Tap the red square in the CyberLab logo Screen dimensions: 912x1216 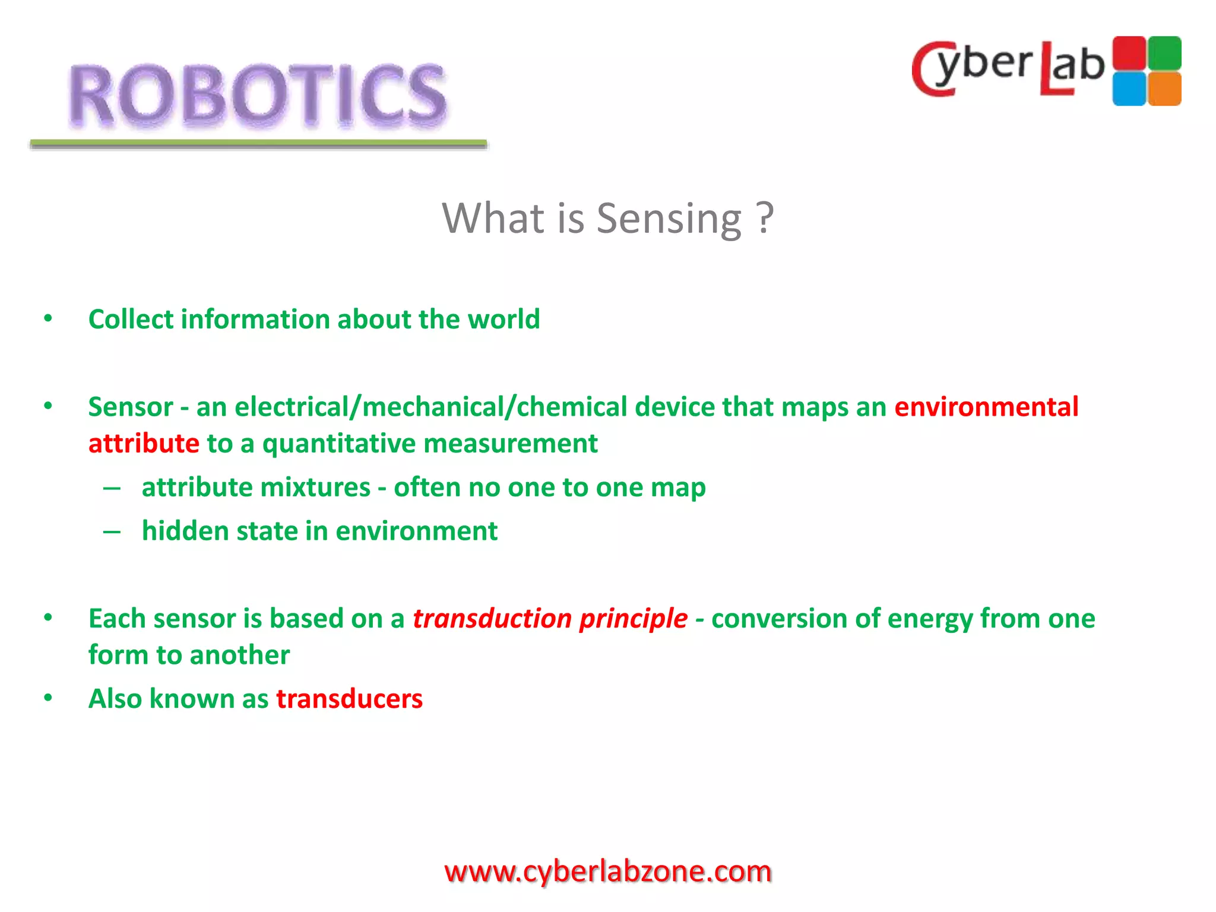click(1129, 53)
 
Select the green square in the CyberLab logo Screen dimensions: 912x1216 click(1164, 53)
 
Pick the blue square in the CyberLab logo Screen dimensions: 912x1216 click(1129, 89)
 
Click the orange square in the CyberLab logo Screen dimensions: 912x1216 click(1164, 89)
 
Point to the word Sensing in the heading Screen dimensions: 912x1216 click(669, 218)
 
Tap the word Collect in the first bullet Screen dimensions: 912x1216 click(131, 319)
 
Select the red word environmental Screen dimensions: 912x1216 click(986, 407)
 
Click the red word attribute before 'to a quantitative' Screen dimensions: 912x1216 click(144, 444)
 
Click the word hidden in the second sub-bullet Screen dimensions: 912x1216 click(185, 531)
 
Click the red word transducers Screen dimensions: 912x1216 click(349, 699)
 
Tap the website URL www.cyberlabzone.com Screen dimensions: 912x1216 click(607, 872)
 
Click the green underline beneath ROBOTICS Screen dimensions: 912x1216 click(258, 143)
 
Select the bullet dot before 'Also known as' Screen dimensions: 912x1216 click(48, 698)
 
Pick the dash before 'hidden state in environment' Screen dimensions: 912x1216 click(112, 531)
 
